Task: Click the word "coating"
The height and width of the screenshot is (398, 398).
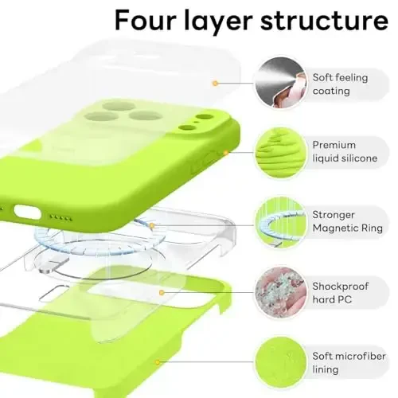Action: [330, 91]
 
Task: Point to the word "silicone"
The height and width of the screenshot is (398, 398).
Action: [357, 158]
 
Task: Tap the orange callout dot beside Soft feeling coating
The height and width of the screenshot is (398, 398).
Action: [214, 82]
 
